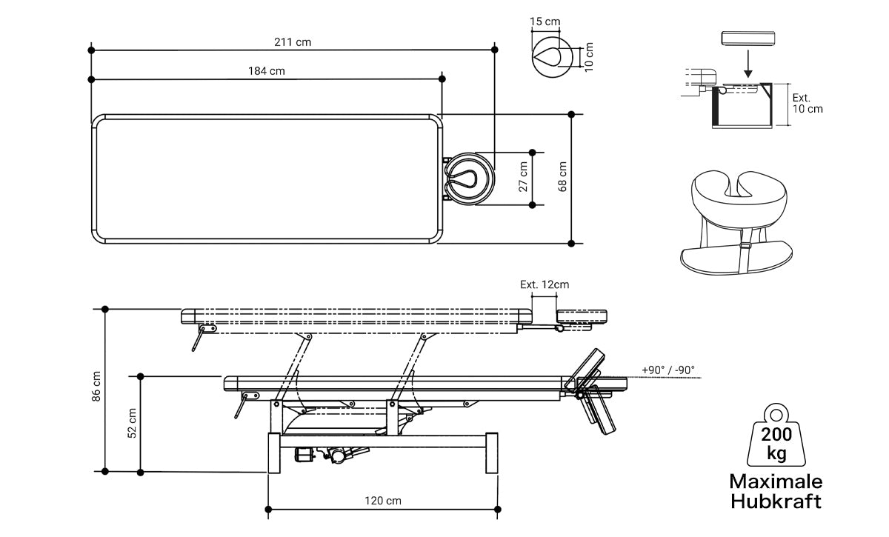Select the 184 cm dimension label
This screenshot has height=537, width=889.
[x=267, y=71]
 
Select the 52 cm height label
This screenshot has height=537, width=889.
[x=132, y=422]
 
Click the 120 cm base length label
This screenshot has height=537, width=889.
[x=383, y=501]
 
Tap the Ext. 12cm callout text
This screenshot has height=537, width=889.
[x=545, y=284]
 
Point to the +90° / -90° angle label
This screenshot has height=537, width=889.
[x=668, y=370]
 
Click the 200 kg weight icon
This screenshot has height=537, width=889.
[x=776, y=436]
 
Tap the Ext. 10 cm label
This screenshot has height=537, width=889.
[x=807, y=103]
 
